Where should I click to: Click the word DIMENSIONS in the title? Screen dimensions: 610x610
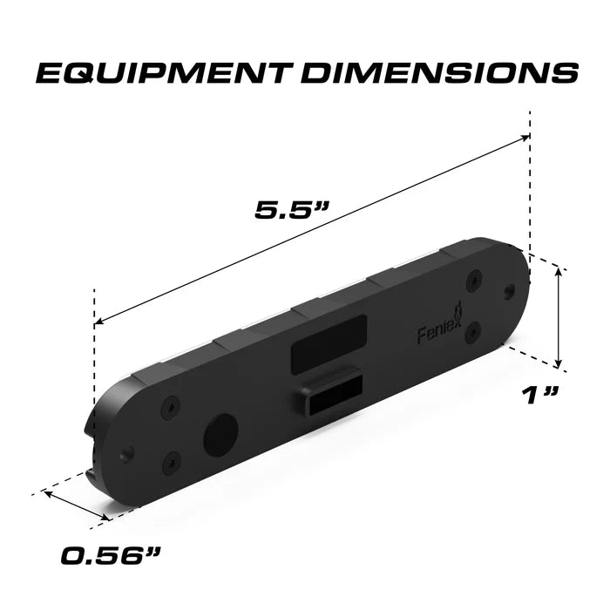coord(432,73)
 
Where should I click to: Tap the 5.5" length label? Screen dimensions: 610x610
coord(293,210)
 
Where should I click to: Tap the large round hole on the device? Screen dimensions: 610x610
coord(220,433)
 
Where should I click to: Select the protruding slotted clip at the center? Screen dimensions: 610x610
coord(331,393)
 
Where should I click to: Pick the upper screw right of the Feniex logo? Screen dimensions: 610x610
coord(473,281)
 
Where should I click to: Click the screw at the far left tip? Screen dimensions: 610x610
coord(128,452)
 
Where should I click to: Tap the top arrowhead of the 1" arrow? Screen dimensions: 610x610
coord(559,271)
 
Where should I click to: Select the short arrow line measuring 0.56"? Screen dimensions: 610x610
coord(76,506)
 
